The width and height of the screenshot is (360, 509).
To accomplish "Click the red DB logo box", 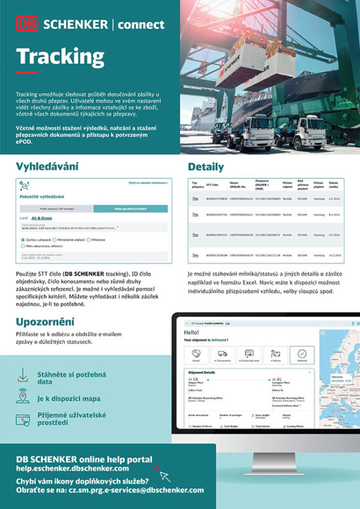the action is [x=28, y=24].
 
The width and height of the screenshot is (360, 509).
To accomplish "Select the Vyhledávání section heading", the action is [x=47, y=166].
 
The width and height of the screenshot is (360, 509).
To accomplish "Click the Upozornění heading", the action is [x=45, y=321].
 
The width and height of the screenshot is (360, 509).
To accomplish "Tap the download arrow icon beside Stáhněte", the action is [x=23, y=375].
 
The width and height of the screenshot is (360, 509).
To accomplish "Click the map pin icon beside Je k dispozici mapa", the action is [x=23, y=396].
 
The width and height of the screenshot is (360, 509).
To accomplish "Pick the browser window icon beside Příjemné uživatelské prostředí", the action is [x=23, y=419].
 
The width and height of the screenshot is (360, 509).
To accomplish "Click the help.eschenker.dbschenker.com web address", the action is [x=73, y=468].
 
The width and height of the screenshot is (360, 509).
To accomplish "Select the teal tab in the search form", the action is [x=130, y=208].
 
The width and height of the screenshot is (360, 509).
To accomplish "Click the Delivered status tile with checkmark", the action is [x=301, y=354].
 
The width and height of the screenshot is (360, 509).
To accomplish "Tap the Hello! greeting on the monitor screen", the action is [x=192, y=333].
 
